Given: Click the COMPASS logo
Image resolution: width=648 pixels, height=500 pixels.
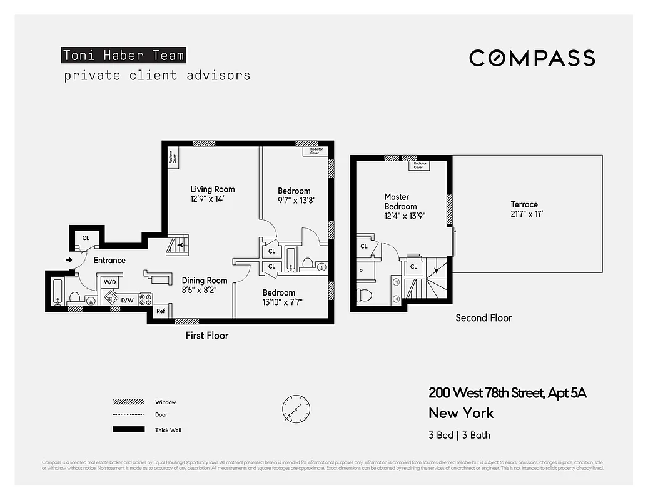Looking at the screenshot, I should click(x=532, y=58).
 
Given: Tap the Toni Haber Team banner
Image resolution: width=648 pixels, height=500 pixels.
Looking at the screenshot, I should click(x=124, y=55).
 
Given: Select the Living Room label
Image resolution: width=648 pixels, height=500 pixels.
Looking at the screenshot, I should click(x=213, y=189).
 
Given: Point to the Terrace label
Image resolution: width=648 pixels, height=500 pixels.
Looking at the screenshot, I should click(x=524, y=204).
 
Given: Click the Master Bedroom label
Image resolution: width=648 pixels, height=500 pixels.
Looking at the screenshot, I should click(x=400, y=202).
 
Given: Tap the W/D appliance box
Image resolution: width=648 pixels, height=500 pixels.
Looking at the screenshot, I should click(x=110, y=282).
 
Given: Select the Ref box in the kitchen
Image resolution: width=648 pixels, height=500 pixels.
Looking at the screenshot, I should click(x=161, y=311).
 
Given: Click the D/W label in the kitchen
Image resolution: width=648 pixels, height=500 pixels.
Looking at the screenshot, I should click(x=127, y=301).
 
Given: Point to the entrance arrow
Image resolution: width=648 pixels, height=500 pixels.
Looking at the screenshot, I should click(x=68, y=260).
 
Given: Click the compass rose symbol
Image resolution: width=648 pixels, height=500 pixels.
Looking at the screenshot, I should click(x=292, y=407).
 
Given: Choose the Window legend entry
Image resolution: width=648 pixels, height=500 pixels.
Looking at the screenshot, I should click(x=165, y=402).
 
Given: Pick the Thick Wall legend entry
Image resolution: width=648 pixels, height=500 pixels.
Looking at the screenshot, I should click(x=168, y=430).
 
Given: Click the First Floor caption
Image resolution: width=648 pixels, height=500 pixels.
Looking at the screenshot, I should click(x=207, y=336).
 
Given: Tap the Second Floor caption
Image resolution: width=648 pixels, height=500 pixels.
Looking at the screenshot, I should click(x=483, y=317).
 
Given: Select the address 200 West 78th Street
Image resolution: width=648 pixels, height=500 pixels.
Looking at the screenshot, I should click(x=507, y=393).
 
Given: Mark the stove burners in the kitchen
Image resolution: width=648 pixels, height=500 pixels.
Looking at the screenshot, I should click(x=145, y=299).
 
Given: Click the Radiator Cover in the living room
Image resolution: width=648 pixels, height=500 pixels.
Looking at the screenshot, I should click(x=171, y=158).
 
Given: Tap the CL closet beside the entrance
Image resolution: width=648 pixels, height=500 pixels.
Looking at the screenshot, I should click(x=85, y=237).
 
